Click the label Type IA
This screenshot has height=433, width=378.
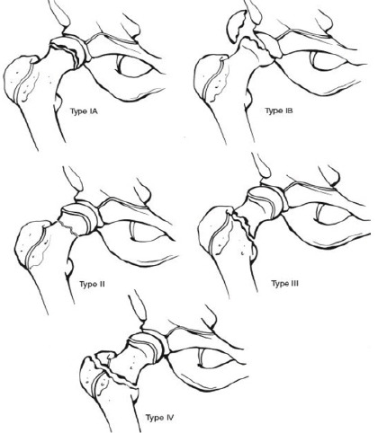tap(84, 111)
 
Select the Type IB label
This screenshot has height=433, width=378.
tap(279, 111)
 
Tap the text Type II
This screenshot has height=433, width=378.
tap(92, 284)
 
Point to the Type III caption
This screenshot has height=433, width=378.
tap(285, 283)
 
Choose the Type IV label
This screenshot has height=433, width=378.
tap(160, 418)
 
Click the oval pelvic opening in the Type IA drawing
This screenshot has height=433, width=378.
tap(134, 66)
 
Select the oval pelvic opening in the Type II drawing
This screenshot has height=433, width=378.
tap(148, 231)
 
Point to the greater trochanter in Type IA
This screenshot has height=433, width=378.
tap(21, 78)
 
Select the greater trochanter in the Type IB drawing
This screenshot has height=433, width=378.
tap(211, 78)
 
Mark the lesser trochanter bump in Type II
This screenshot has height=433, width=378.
tap(69, 268)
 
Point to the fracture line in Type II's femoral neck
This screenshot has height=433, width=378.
tap(68, 227)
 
